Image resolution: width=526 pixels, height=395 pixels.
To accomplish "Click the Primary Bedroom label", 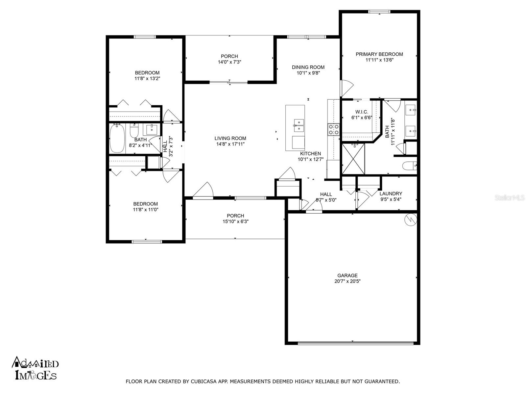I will pos(379,54).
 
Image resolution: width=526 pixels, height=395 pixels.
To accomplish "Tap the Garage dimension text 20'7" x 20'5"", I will pos(347,281).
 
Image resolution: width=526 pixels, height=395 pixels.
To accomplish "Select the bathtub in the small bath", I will pos(117,138).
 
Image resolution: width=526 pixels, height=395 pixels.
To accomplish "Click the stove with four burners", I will pos(333,129).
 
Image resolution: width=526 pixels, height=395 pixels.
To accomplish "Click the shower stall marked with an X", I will pos(353,159).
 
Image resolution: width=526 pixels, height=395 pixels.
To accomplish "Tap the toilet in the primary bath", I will pos(410,166).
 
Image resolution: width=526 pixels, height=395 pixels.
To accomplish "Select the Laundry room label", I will pos(391,194).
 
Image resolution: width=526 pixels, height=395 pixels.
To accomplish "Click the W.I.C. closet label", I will pos(362,112).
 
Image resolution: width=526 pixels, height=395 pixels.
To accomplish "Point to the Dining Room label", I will pos(308,67).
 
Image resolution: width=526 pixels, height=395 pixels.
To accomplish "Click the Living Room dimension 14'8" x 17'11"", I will pos(230,144).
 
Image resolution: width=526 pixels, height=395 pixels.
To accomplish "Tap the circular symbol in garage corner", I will pos(411,220).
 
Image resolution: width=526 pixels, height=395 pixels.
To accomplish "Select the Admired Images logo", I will pos(36,368).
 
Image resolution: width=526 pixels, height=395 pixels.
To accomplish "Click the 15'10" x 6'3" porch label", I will pos(235,222).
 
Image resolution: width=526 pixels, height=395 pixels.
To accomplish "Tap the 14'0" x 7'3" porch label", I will pos(229,62).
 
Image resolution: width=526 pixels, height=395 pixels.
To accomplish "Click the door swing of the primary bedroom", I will pos(346,87).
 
